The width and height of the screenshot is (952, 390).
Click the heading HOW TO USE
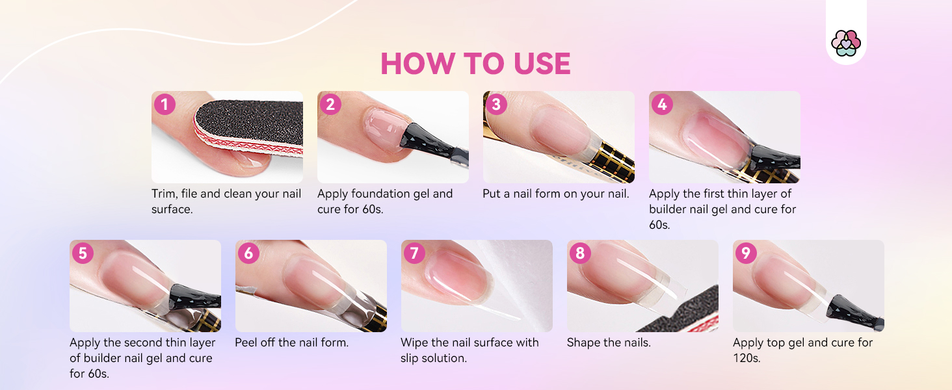click(x=475, y=64)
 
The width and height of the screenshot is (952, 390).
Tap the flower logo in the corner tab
click(x=845, y=43)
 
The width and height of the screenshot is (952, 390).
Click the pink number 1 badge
click(x=165, y=104)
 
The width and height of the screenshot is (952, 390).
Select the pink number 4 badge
click(x=662, y=104)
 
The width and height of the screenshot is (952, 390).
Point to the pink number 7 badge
click(x=414, y=253)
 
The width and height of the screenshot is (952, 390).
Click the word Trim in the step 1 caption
click(x=165, y=194)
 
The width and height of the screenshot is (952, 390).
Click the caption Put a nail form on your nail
click(x=555, y=194)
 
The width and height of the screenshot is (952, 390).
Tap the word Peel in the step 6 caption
click(x=246, y=343)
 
